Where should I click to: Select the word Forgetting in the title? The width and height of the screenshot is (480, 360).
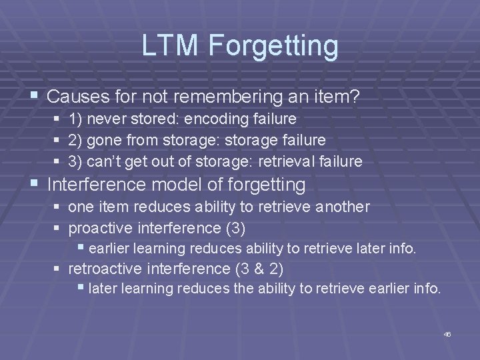273,46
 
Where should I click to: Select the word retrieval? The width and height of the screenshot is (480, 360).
299,161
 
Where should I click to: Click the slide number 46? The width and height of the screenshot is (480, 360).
447,333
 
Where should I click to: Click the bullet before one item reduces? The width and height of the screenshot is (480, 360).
57,207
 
